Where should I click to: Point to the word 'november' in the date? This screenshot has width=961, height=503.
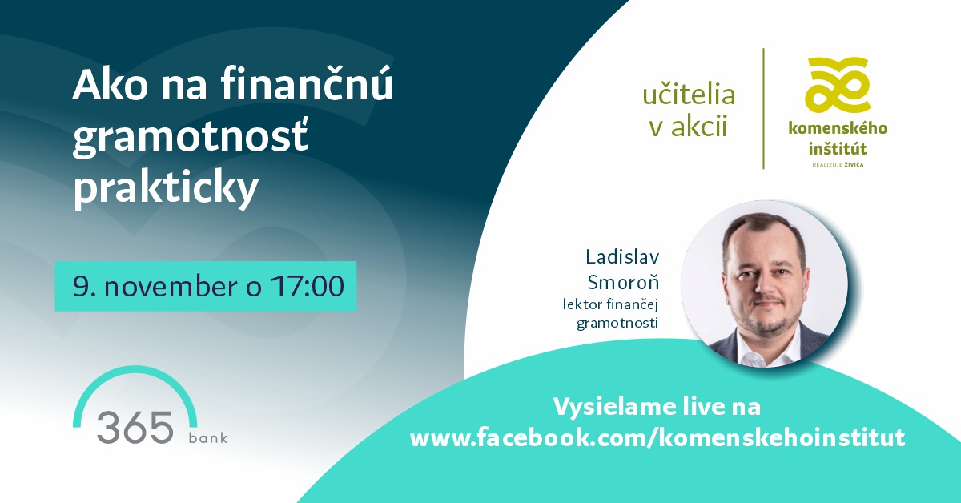pos(171,286)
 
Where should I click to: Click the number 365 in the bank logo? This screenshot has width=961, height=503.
pos(135,428)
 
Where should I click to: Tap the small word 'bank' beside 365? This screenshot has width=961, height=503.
pos(208,437)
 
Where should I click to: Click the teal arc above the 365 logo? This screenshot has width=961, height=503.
pos(135,369)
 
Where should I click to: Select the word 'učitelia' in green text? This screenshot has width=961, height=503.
pos(689,94)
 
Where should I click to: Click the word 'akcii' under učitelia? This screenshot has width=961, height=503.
pos(699,127)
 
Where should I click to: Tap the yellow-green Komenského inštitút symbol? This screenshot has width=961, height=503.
pos(837,86)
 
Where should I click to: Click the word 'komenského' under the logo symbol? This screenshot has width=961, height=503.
pos(838,128)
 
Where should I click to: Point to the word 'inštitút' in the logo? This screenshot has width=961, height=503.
pos(838,148)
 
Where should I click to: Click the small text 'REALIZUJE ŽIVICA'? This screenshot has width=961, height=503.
pos(838,164)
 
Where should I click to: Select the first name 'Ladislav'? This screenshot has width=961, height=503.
pos(622,256)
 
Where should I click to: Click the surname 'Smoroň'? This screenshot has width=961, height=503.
pos(623,282)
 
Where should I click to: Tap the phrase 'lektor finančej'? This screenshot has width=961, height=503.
pos(610,304)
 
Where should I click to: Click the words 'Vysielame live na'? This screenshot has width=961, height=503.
pos(657,406)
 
